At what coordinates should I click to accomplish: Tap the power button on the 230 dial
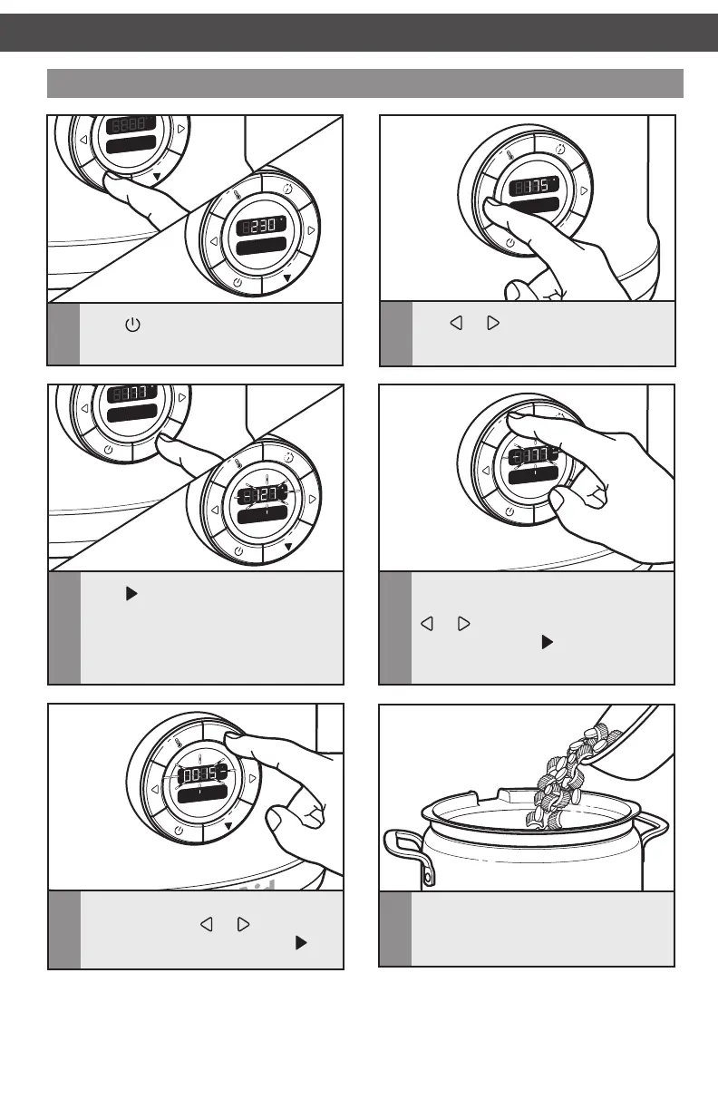point(238,281)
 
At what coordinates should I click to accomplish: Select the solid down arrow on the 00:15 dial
point(228,826)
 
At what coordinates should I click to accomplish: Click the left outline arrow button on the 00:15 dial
point(154,788)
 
